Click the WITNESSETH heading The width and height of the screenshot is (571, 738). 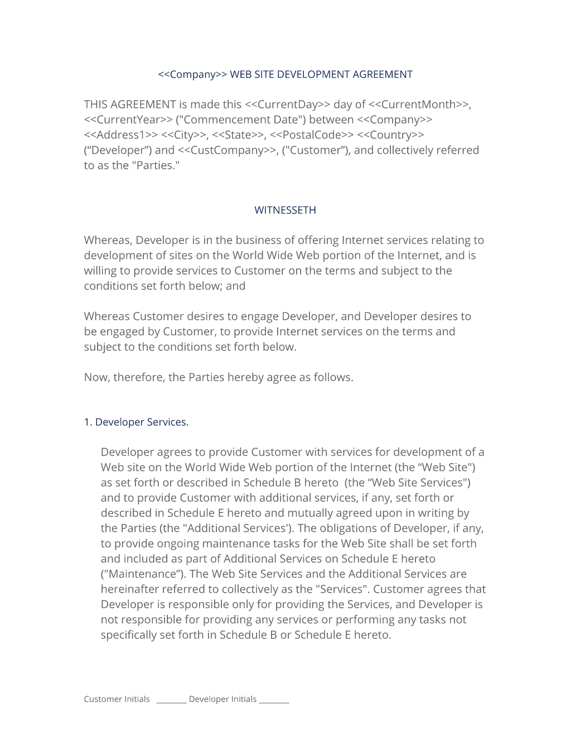pos(285,210)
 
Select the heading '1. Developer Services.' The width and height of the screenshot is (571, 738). pos(136,422)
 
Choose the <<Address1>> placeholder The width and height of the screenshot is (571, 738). pos(120,135)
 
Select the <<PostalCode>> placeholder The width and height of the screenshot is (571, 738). pos(312,135)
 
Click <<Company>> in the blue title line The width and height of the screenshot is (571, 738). pos(192,75)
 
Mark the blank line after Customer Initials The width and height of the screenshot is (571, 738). pos(171,701)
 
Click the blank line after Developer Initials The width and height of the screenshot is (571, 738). pos(274,701)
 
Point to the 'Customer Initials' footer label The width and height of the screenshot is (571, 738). pos(117,699)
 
